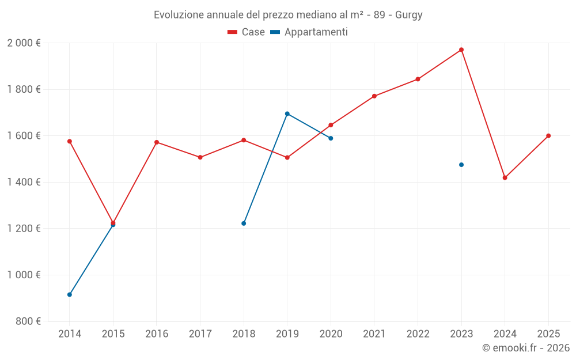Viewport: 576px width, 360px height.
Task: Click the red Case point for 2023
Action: click(461, 50)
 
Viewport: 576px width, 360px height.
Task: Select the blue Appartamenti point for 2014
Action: click(70, 294)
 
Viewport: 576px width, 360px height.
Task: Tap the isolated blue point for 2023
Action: click(461, 165)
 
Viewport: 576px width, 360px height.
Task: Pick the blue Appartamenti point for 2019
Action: click(287, 113)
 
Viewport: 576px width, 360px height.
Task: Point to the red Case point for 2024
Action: click(505, 177)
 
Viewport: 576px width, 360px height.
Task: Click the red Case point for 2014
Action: click(70, 141)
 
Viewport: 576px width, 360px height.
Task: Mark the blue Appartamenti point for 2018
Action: click(244, 223)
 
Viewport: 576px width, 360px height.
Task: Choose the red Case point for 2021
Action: click(374, 96)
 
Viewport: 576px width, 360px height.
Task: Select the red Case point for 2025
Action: click(548, 136)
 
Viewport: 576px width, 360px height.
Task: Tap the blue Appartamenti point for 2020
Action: click(331, 138)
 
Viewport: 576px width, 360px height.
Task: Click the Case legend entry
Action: click(247, 32)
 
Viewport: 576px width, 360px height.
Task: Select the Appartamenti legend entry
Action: click(309, 32)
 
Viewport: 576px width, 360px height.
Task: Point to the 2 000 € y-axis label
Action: click(24, 43)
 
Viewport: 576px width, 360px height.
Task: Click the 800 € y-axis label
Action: click(28, 321)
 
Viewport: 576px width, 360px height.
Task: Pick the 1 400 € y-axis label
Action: click(24, 182)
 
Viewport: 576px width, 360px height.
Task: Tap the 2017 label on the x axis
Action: click(200, 334)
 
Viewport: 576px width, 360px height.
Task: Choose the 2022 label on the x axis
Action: click(418, 334)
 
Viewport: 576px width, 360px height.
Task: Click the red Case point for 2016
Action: click(157, 142)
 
